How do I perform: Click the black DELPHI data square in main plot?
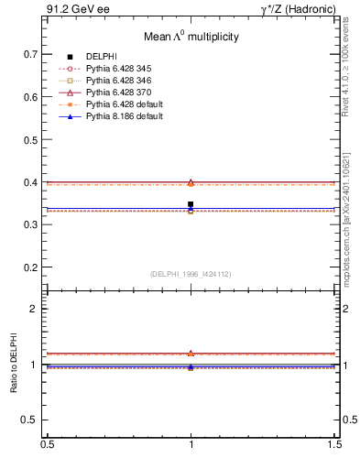click(x=191, y=204)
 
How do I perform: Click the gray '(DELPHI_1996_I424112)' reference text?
click(x=191, y=274)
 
